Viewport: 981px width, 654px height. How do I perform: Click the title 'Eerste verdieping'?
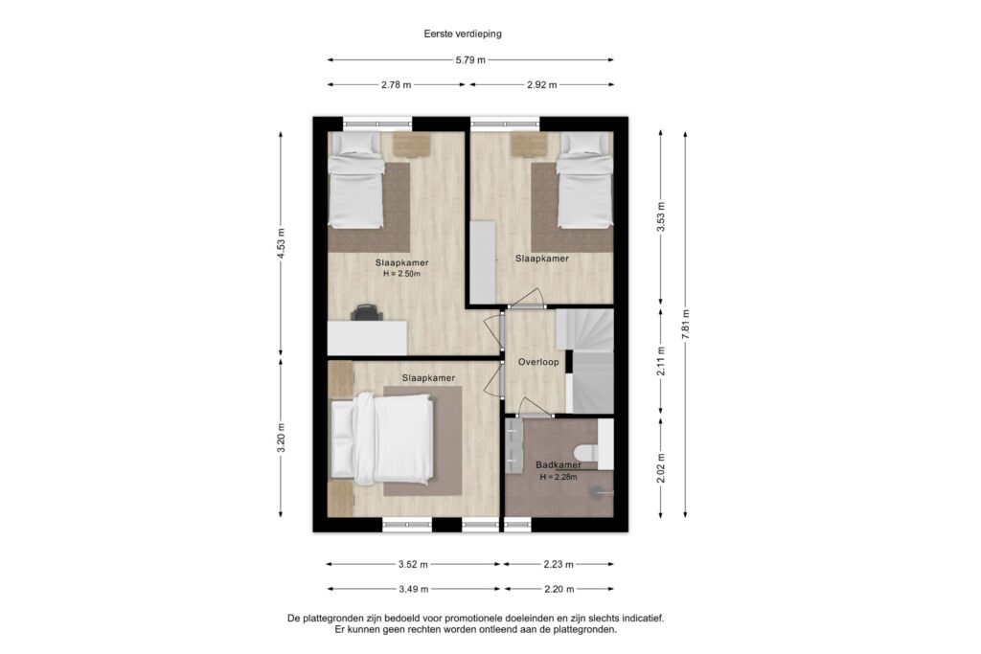pyautogui.click(x=463, y=34)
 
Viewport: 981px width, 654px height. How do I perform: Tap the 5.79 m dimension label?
pyautogui.click(x=469, y=60)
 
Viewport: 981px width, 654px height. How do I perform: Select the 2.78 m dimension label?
pyautogui.click(x=395, y=85)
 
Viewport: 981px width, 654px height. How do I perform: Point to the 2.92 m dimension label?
pyautogui.click(x=542, y=85)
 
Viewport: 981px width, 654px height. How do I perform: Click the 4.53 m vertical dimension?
pyautogui.click(x=281, y=244)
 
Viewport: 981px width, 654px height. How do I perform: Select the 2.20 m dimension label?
pyautogui.click(x=559, y=590)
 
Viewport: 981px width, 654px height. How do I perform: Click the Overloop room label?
pyautogui.click(x=538, y=363)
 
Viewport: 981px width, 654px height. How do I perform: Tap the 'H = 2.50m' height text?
pyautogui.click(x=401, y=274)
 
